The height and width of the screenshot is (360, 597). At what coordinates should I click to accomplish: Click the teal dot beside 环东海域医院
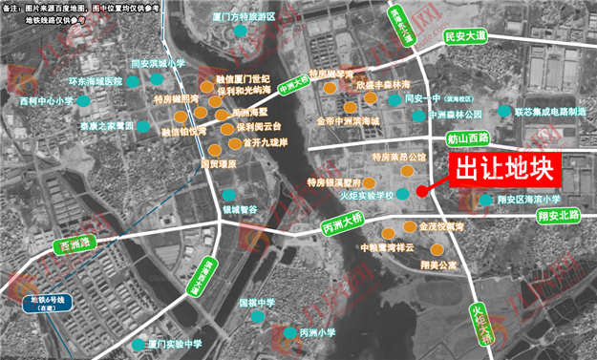pyautogui.click(x=135, y=83)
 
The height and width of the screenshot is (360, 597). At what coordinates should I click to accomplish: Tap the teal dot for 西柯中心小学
pyautogui.click(x=86, y=99)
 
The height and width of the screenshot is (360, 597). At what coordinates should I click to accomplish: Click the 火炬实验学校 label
pyautogui.click(x=365, y=195)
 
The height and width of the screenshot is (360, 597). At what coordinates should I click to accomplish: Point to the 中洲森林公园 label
pyautogui.click(x=470, y=114)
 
